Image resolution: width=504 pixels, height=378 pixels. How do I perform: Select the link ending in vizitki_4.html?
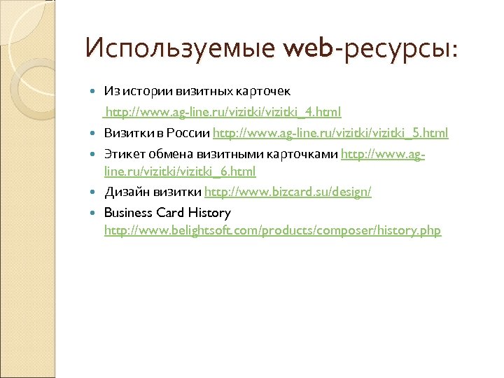(x=223, y=112)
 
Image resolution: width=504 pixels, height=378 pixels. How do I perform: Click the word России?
(x=189, y=133)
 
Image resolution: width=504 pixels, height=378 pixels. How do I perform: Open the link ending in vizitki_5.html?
(x=330, y=133)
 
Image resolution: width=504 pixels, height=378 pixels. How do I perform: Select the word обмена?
(x=164, y=152)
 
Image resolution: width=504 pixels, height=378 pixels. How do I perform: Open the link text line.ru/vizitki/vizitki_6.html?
(x=180, y=171)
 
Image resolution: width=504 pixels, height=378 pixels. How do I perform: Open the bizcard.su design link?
(x=288, y=192)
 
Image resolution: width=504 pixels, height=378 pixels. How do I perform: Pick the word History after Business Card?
(x=209, y=212)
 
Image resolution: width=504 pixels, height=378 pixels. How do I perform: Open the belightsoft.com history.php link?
(x=273, y=231)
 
